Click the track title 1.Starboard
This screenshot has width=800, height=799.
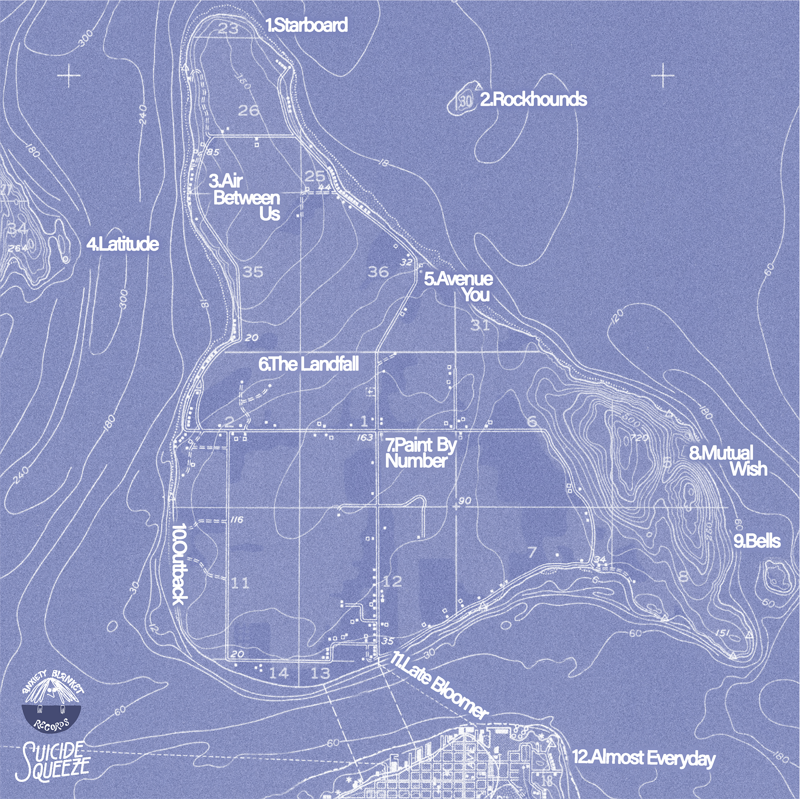pyautogui.click(x=307, y=25)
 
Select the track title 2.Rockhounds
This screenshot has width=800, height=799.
pyautogui.click(x=533, y=100)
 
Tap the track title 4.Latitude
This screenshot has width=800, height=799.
pyautogui.click(x=122, y=244)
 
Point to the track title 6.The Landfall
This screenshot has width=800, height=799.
pyautogui.click(x=308, y=364)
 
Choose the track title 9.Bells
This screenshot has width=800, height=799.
pyautogui.click(x=757, y=541)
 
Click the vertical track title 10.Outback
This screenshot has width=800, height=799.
pyautogui.click(x=180, y=564)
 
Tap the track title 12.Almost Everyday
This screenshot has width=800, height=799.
pyautogui.click(x=643, y=757)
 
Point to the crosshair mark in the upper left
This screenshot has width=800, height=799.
pyautogui.click(x=69, y=75)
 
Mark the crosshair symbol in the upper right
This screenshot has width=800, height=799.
pyautogui.click(x=662, y=75)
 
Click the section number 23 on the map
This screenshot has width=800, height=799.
pyautogui.click(x=228, y=29)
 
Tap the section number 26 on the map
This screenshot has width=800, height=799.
pyautogui.click(x=249, y=110)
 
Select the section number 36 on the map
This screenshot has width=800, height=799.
pyautogui.click(x=378, y=272)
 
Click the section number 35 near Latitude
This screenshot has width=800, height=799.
pyautogui.click(x=253, y=272)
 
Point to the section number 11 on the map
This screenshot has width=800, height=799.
pyautogui.click(x=240, y=583)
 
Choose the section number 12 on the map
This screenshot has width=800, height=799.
pyautogui.click(x=392, y=581)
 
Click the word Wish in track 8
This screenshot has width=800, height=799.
pyautogui.click(x=748, y=469)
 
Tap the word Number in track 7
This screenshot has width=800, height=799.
pyautogui.click(x=416, y=461)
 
